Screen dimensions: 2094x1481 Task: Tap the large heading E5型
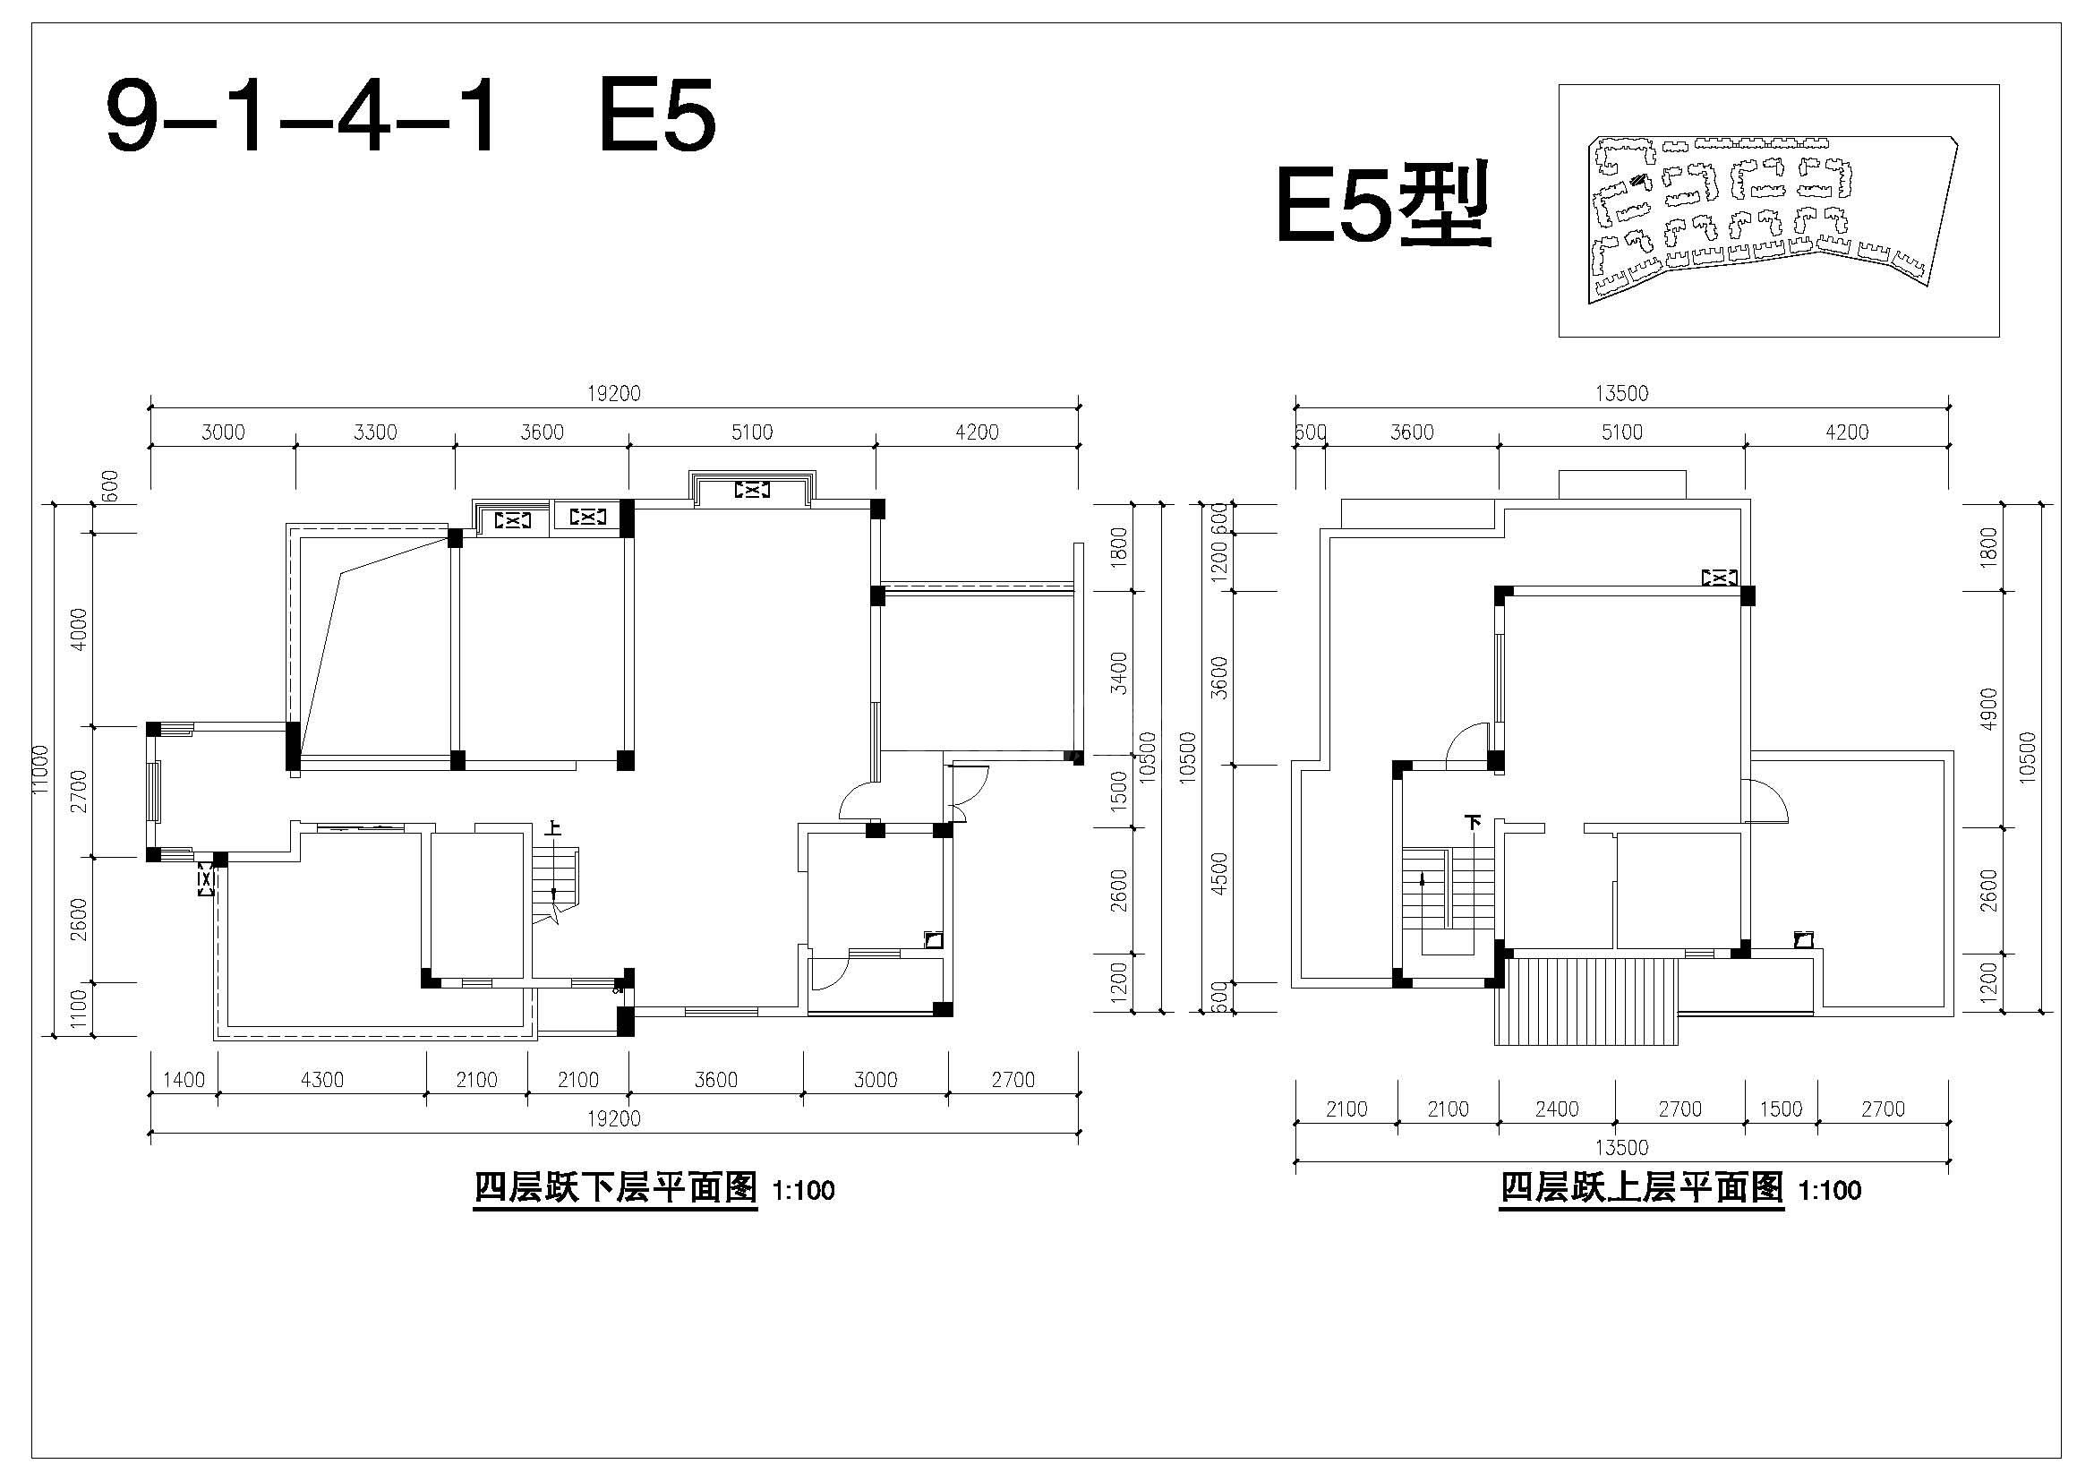(x=1382, y=206)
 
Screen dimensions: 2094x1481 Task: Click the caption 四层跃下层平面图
(x=616, y=1188)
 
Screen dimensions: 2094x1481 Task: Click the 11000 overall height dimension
(x=40, y=769)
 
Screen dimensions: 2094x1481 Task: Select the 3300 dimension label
(x=375, y=432)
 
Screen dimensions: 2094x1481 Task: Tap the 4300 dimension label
(x=322, y=1080)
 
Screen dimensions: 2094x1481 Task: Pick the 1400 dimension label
(x=184, y=1080)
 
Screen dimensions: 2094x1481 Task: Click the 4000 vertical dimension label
(x=80, y=629)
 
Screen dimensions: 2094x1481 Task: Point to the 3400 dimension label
(x=1119, y=673)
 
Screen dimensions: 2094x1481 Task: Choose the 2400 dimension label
(x=1557, y=1109)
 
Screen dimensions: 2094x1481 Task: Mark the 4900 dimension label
(x=1989, y=708)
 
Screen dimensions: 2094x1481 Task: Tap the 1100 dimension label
(x=80, y=1008)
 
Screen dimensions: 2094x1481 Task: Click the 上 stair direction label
(x=552, y=828)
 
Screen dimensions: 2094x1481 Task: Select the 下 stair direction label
(x=1473, y=822)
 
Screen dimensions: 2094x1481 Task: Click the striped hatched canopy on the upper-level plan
(x=1587, y=1000)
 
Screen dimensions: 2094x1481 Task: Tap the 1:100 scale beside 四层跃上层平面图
(x=1830, y=1191)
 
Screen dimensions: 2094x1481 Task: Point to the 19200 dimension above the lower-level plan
(x=614, y=393)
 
